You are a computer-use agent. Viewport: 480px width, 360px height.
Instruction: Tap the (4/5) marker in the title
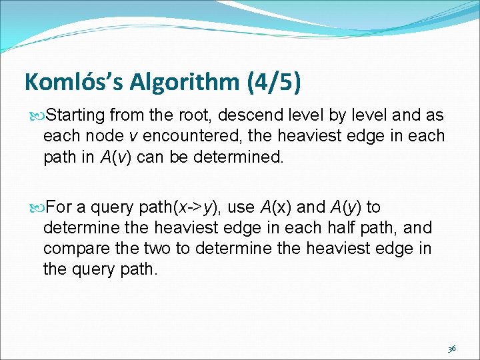(x=274, y=82)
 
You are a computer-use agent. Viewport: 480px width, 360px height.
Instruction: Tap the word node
(x=101, y=136)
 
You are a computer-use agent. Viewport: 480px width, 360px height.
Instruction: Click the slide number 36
(x=451, y=349)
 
